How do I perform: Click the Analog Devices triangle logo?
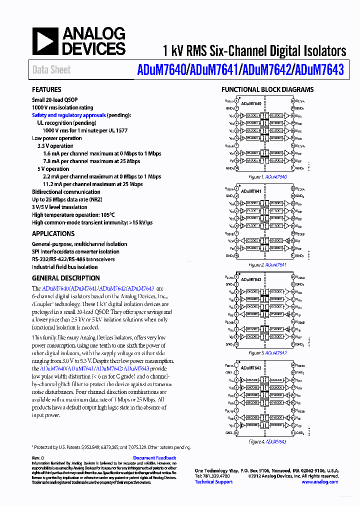(45, 41)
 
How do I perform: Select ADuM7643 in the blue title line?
(319, 70)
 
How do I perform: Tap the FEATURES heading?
(46, 90)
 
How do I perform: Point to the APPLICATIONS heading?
(53, 233)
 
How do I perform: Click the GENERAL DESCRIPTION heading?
(65, 278)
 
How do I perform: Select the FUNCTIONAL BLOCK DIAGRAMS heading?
(267, 90)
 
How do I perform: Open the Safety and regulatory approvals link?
(68, 115)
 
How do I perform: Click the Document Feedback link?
(154, 458)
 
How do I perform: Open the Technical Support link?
(213, 482)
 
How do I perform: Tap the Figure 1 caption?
(267, 177)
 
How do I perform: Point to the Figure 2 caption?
(267, 265)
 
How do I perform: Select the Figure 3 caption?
(267, 353)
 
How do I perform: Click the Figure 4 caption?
(267, 441)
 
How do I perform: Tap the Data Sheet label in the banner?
(51, 70)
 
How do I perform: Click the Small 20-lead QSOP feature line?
(54, 100)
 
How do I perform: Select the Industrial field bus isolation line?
(64, 267)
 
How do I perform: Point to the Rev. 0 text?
(38, 458)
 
